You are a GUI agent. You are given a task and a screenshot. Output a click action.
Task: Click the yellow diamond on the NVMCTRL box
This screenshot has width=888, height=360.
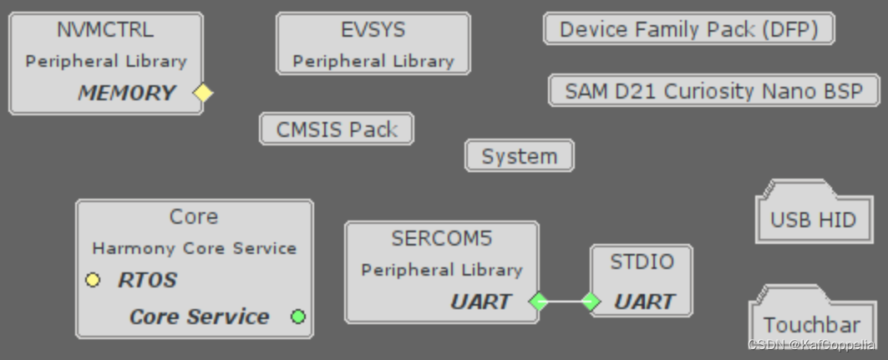[x=203, y=93]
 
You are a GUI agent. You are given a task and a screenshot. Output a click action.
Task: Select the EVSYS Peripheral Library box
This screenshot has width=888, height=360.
[x=373, y=44]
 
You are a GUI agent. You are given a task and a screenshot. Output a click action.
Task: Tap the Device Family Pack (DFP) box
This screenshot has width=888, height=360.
[x=688, y=29]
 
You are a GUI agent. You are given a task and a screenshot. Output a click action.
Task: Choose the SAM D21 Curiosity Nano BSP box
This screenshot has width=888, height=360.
[x=714, y=90]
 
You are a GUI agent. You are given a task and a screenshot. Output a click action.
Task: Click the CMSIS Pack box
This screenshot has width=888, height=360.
[x=337, y=129]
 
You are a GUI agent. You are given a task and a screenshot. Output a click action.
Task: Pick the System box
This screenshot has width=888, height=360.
[x=519, y=156]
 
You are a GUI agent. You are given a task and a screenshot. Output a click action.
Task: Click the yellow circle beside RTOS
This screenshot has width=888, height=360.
[x=93, y=280]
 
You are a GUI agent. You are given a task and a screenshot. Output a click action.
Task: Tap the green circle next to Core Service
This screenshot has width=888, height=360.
[x=298, y=317]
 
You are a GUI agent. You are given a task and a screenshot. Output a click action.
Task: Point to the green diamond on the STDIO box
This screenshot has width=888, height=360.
[x=591, y=302]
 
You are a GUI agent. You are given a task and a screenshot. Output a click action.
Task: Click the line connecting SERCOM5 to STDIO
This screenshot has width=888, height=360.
[x=565, y=302]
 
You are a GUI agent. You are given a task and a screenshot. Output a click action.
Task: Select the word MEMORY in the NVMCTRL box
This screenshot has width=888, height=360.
[x=127, y=93]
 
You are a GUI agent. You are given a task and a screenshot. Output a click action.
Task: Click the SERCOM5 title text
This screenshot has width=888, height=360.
[x=441, y=239]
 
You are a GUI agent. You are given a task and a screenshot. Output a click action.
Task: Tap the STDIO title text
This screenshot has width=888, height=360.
[x=641, y=262]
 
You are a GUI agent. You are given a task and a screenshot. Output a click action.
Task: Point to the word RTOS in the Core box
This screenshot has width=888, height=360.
[x=147, y=280]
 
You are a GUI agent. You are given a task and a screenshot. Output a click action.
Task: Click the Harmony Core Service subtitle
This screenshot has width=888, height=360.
[x=194, y=248]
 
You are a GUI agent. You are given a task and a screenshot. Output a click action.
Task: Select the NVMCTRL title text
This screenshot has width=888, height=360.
[x=105, y=30]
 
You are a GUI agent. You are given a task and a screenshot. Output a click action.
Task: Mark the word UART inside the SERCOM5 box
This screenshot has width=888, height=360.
[x=480, y=302]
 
